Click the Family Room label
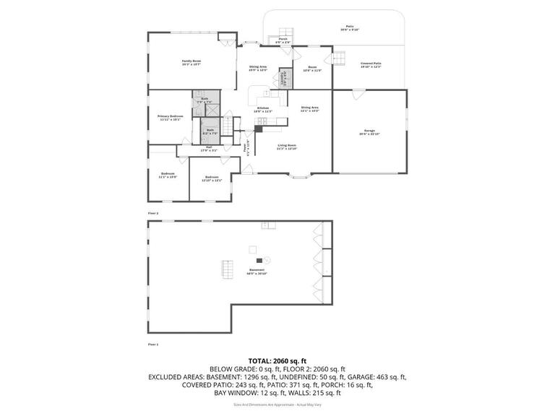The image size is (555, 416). [x=192, y=62]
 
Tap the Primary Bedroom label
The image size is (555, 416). [x=171, y=117]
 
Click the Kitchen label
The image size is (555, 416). [x=262, y=110]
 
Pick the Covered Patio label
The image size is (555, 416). [x=371, y=64]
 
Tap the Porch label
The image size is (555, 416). [x=283, y=40]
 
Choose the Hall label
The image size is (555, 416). [x=208, y=148]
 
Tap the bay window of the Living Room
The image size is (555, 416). [x=302, y=175]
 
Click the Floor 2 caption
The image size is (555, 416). [x=152, y=214]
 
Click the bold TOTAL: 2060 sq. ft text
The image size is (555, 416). [x=277, y=360]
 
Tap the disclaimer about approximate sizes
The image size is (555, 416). [x=277, y=404]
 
